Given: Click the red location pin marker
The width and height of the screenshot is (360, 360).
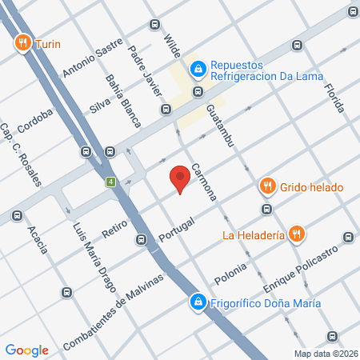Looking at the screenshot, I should point(180,178).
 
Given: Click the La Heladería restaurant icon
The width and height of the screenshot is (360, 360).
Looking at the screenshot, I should point(297,234).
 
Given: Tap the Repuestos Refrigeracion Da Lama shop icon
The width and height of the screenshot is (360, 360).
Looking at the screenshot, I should point(197,70).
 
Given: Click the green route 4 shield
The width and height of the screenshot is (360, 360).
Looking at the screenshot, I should point(110,183).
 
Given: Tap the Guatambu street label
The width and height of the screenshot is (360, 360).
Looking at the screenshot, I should point(218,123).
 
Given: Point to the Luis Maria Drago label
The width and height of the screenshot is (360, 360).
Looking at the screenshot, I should point(89,244).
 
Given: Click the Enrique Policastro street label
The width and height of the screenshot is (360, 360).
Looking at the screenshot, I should point(300,270).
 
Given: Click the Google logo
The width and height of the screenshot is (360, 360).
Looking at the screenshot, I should point(26,350).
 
